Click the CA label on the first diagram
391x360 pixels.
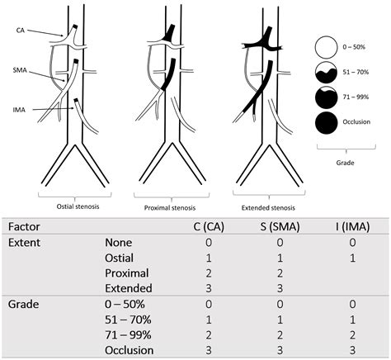pos(20,30)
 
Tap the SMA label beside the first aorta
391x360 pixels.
pos(21,71)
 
